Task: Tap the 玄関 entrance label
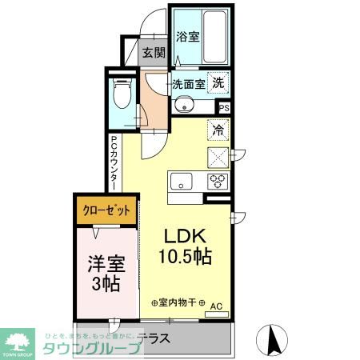154,54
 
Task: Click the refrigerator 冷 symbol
218,128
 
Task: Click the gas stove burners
218,181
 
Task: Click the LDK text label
186,236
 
